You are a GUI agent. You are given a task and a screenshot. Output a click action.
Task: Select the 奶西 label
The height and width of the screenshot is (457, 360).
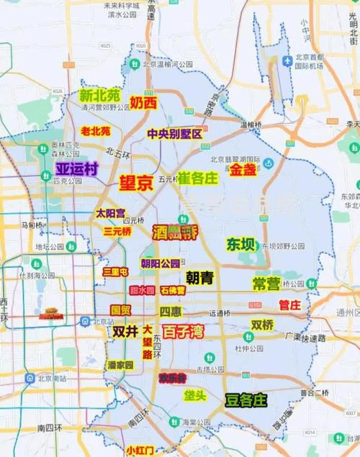coord(143,103)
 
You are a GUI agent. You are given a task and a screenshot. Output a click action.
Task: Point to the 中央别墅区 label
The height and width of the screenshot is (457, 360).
coord(175,134)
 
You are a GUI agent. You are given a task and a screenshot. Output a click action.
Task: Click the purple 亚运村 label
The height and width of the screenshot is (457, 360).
coord(77,168)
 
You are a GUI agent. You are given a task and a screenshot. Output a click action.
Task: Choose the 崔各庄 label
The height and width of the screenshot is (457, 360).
coord(197,177)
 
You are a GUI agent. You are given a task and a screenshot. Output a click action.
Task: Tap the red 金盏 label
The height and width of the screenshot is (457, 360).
coord(243,170)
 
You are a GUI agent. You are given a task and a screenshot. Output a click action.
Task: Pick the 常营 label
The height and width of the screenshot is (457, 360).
coord(266,284)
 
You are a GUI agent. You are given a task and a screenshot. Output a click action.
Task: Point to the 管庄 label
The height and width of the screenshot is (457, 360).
coord(289,305)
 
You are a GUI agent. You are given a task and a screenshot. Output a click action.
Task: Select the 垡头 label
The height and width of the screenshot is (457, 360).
coord(194,395)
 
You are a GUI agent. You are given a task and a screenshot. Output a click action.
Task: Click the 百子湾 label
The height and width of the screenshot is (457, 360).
coord(179,332)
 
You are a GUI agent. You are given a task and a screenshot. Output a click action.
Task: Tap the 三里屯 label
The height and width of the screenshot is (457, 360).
coord(115,272)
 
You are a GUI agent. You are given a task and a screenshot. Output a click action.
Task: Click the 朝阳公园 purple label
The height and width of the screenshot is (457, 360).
coord(160,263)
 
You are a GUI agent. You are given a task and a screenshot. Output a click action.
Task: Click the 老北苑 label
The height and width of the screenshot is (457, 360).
coord(96,132)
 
